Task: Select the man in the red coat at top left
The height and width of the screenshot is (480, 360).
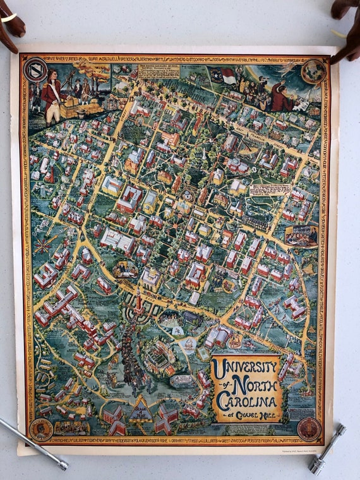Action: point(51,95)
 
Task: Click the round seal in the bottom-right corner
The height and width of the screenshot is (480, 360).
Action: point(309,428)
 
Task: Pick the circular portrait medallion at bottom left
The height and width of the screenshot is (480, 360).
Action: point(41,429)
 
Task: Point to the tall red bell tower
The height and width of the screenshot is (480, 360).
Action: point(138,302)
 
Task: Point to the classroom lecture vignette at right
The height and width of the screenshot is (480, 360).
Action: point(301,236)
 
